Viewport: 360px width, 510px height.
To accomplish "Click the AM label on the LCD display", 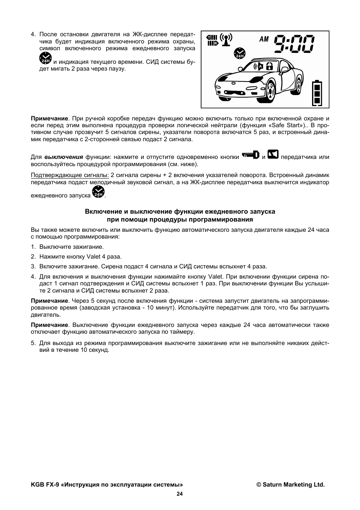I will pos(264,39).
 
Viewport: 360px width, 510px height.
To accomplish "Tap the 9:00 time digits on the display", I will pos(294,44).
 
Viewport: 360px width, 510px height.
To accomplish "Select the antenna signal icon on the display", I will pos(226,39).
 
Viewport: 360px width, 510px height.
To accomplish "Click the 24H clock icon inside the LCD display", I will pos(239,54).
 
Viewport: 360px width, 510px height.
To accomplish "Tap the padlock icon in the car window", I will pos(269,67).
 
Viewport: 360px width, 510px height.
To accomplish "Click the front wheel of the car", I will pos(269,92).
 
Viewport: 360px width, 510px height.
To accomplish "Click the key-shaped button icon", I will pos(251,155).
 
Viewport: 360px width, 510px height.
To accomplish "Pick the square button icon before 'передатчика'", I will pos(273,155).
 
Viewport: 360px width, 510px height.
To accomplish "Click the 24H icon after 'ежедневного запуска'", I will pos(98,193).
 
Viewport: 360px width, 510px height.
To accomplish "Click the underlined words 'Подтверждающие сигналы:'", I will pos(70,175).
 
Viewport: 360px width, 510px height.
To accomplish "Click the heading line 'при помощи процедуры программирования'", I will pos(180,220).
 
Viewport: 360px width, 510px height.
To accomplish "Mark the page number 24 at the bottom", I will pos(180,494).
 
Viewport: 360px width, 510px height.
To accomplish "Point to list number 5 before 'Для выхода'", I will pos(33,343).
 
